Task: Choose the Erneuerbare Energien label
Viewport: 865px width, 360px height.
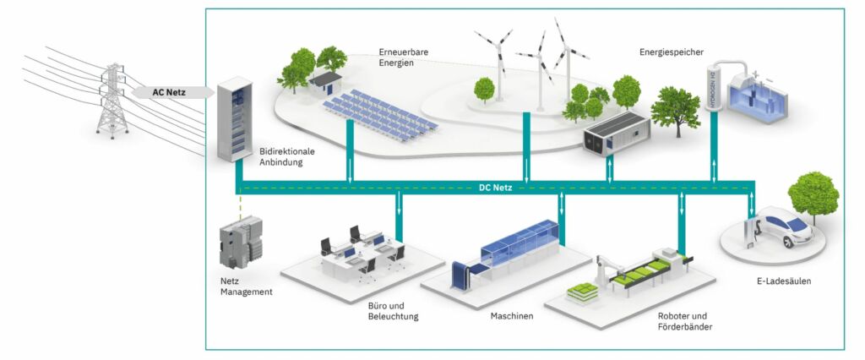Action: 408,57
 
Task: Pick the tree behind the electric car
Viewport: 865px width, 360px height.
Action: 813,195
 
